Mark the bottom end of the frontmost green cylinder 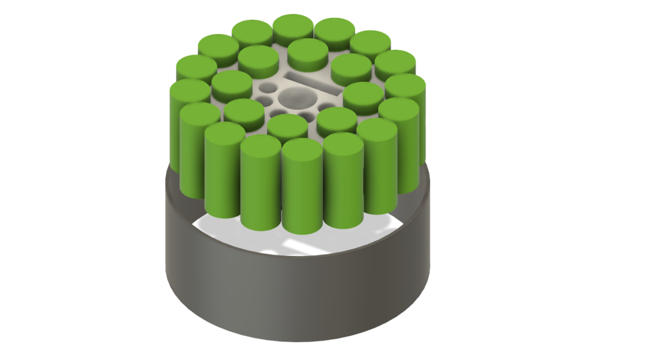pos(301,230)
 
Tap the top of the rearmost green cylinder pos(293,26)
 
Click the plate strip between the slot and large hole pos(307,92)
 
